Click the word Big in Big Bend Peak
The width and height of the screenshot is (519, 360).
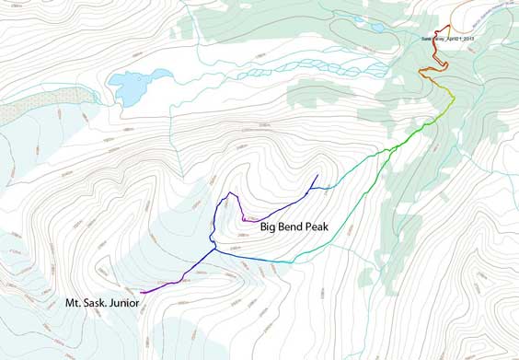(271, 226)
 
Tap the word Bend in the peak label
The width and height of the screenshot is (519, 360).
(297, 226)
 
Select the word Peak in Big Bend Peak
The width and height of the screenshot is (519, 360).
(327, 226)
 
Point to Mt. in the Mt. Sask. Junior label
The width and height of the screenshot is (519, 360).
(74, 303)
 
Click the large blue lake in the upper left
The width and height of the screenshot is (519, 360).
(132, 87)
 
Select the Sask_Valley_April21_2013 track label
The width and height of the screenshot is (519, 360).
(447, 39)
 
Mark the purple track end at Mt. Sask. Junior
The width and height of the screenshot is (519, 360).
(142, 293)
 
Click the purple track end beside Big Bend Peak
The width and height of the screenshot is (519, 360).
(244, 220)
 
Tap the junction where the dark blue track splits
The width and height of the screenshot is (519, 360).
(213, 247)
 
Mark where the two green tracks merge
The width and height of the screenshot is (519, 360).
(396, 146)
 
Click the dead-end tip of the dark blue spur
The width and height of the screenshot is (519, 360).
(317, 175)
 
